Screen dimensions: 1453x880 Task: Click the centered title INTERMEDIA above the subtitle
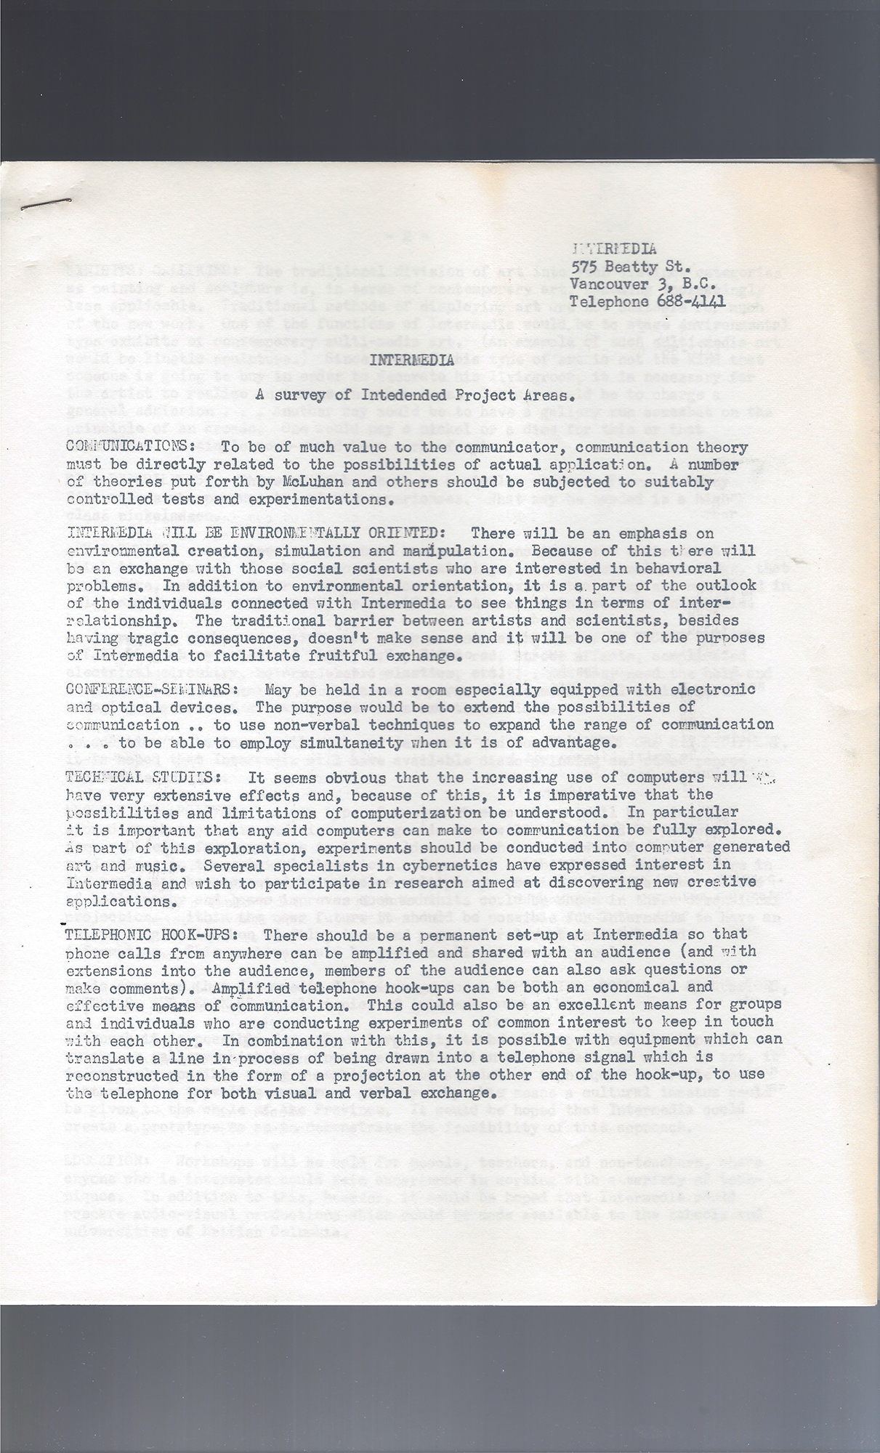click(x=411, y=360)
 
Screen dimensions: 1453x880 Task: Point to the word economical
click(x=634, y=987)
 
